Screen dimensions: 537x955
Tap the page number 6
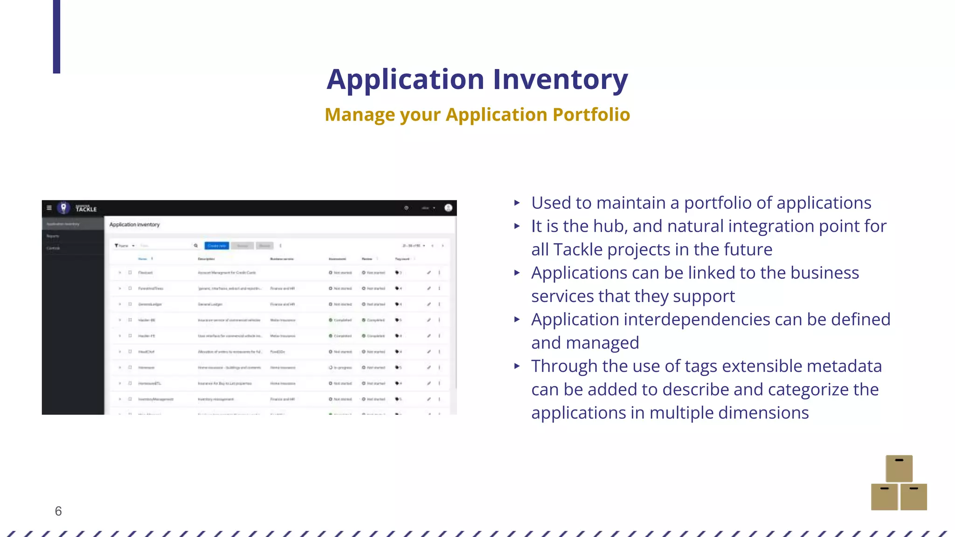pos(58,511)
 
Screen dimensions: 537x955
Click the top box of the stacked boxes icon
pos(899,468)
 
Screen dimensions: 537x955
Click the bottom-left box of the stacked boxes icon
pos(884,497)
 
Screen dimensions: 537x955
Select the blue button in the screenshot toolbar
pos(216,246)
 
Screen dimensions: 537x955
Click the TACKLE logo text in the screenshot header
pos(86,209)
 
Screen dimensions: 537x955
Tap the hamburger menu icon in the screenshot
pos(49,208)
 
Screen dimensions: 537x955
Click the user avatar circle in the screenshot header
pos(448,208)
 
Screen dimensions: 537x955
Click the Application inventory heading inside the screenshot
pos(134,225)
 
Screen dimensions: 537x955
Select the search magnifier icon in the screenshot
pos(196,246)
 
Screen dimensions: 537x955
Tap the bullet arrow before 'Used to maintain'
pos(517,203)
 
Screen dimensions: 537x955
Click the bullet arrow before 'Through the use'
pos(517,366)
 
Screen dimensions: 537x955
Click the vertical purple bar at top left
pos(56,36)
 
